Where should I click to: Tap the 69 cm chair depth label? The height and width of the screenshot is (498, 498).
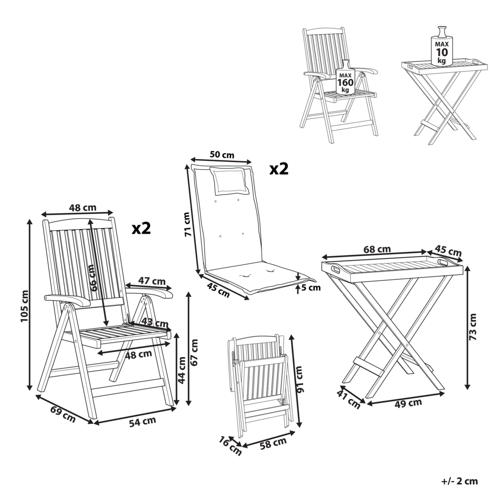(x=62, y=414)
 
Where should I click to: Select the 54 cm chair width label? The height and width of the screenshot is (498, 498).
(x=142, y=421)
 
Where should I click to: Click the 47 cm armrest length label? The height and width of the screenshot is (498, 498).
(x=151, y=281)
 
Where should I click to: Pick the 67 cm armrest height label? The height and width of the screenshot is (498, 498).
(x=194, y=351)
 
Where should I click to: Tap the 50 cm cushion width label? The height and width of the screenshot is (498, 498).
(x=222, y=154)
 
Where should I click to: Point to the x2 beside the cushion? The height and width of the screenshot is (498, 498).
(x=279, y=169)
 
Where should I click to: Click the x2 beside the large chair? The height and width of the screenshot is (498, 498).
(x=141, y=228)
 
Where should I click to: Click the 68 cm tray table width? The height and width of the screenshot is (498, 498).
(x=377, y=249)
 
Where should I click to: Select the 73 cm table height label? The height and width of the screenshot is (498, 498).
(x=473, y=327)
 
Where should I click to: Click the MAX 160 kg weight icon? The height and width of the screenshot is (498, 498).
(x=346, y=79)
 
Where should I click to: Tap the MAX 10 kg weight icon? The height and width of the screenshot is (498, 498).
(x=441, y=48)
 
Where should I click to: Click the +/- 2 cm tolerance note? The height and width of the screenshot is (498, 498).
(x=459, y=481)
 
